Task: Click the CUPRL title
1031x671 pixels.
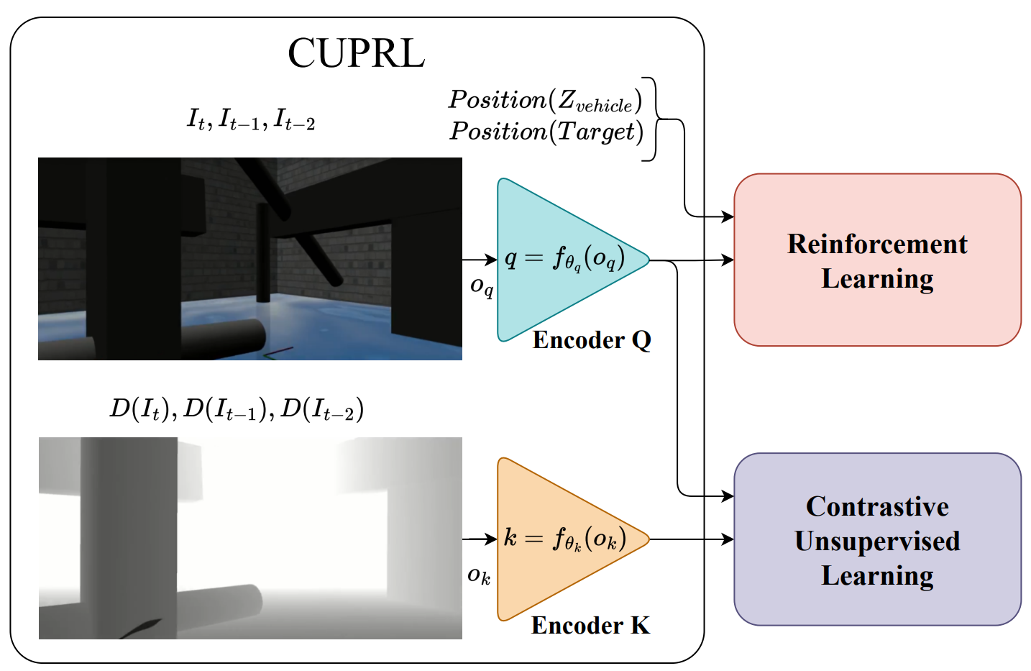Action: click(356, 53)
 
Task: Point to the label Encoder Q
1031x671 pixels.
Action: click(592, 339)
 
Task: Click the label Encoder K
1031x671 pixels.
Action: click(590, 625)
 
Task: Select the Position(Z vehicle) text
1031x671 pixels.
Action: click(545, 101)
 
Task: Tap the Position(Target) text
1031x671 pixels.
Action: click(546, 132)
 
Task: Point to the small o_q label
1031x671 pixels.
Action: click(481, 286)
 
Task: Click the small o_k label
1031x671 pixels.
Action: click(479, 575)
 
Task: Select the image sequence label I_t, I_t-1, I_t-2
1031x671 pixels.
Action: click(251, 119)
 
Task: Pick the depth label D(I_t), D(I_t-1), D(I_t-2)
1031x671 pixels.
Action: click(237, 408)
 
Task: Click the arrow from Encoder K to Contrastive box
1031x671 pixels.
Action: click(690, 539)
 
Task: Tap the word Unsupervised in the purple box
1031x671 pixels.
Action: click(877, 541)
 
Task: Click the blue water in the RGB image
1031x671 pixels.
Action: click(324, 316)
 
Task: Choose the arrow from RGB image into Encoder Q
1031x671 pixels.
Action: click(479, 260)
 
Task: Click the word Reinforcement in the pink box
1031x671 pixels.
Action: click(877, 244)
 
